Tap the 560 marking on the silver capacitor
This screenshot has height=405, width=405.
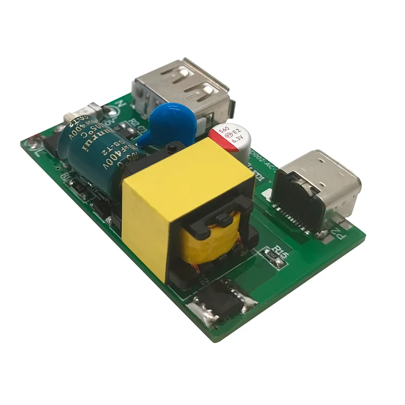(224, 131)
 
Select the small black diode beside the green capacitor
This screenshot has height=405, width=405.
(81, 187)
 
